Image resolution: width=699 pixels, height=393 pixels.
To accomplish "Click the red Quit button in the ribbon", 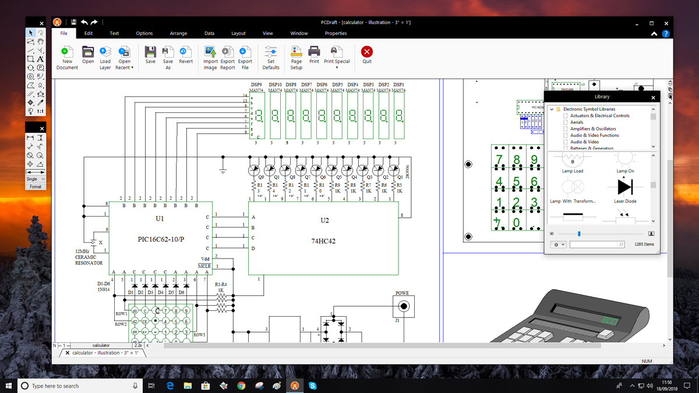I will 366,52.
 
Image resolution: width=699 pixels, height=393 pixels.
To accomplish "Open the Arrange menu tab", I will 178,33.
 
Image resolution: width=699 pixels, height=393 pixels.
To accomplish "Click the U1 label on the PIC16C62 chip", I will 160,219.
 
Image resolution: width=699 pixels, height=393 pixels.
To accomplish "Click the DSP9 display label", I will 256,85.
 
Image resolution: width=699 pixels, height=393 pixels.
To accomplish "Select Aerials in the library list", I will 577,122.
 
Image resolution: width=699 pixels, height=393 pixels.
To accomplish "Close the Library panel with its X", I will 653,97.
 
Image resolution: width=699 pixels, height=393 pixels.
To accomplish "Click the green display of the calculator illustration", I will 610,321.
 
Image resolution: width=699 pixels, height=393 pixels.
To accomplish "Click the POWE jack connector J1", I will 403,306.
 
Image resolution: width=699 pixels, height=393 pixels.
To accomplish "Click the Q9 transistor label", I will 261,177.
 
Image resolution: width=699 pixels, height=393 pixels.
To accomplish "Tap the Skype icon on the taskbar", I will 313,385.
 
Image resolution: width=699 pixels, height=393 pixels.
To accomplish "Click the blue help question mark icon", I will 666,34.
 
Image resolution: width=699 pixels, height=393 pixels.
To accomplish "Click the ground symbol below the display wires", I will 223,170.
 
